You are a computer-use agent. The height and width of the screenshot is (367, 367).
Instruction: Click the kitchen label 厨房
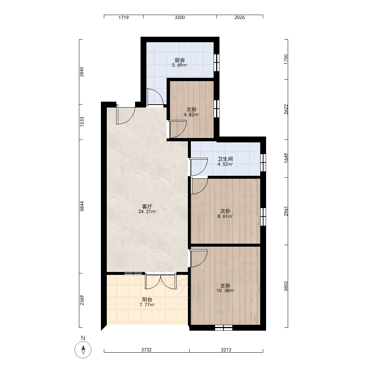tap(179, 61)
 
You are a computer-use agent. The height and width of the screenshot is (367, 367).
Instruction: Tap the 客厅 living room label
tap(147, 207)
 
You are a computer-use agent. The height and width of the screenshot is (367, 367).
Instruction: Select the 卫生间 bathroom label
tap(225, 159)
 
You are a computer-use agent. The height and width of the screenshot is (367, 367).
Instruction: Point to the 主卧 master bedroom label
tap(225, 286)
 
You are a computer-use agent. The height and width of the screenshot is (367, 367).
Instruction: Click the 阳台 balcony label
tap(147, 299)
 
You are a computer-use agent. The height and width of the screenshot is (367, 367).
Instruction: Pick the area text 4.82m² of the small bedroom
tap(192, 115)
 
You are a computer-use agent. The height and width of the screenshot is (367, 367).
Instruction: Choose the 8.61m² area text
tap(225, 217)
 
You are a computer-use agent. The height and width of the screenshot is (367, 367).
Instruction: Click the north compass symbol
tap(83, 350)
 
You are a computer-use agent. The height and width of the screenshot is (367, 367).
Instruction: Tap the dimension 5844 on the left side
tap(82, 206)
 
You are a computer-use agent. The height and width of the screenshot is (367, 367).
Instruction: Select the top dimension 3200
tap(180, 17)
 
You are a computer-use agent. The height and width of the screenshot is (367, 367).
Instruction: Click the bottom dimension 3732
tap(146, 350)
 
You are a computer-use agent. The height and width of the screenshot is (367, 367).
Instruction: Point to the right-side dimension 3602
tap(286, 286)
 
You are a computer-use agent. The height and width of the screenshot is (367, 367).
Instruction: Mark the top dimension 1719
tap(124, 18)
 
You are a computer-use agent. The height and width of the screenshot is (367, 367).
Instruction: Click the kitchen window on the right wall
tap(217, 62)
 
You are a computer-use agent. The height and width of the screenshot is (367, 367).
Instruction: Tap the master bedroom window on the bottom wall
tap(224, 328)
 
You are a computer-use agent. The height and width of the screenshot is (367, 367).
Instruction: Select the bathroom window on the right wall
tap(263, 163)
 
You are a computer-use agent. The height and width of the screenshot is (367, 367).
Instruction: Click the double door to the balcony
tap(161, 281)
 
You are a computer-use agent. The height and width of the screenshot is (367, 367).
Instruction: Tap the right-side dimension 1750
tap(286, 59)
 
